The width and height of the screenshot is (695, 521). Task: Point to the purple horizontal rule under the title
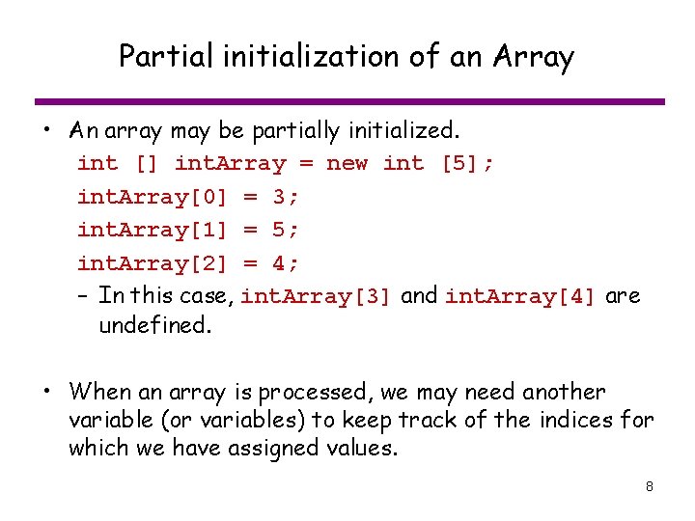349,101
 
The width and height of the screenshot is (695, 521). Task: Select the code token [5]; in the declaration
468,163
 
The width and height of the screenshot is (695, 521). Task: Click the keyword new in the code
347,163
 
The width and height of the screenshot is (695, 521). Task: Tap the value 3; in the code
286,197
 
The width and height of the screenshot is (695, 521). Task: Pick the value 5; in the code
286,230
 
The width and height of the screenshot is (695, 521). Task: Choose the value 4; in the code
286,263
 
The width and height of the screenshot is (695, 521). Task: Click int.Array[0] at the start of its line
153,197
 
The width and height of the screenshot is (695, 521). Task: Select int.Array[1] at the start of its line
153,230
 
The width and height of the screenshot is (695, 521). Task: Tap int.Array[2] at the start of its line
153,263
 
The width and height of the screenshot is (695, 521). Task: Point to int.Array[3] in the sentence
316,296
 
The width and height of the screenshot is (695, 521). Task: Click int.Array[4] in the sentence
520,296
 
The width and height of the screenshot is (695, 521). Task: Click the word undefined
154,326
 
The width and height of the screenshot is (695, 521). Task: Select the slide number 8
650,486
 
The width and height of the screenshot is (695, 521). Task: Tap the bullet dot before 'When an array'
46,393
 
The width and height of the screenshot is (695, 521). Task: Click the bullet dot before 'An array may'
46,130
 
